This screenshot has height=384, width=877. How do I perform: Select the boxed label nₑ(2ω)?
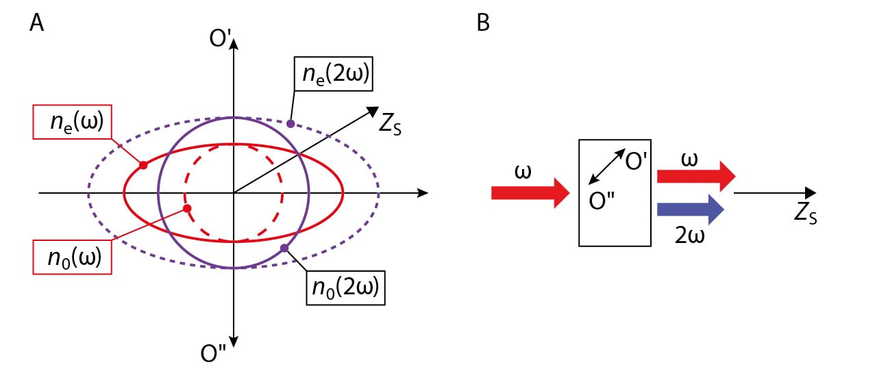pos(334,75)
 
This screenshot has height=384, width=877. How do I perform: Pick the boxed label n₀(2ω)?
pos(345,287)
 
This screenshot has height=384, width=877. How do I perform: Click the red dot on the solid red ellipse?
pos(143,165)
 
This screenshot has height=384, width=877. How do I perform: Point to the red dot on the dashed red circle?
pos(187,207)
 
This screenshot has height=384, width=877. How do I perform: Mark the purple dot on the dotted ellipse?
pos(291,124)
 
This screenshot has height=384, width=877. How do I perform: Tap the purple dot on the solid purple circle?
pos(284,247)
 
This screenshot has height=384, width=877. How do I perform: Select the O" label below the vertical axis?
pos(213,353)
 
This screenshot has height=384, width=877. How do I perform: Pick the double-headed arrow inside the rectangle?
pos(607,166)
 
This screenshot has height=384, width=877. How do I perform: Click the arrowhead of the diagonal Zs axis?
pos(373,110)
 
